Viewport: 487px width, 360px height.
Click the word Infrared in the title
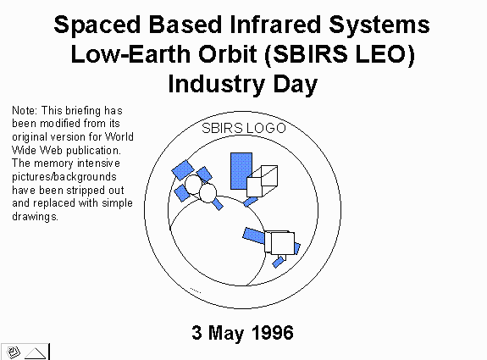[x=275, y=25]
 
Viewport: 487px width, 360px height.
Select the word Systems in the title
[x=379, y=25]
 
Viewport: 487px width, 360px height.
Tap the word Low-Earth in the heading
[x=130, y=54]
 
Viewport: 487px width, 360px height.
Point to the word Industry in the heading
[x=217, y=85]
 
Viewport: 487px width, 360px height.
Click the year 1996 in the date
[x=273, y=333]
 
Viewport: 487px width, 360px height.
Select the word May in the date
[x=226, y=334]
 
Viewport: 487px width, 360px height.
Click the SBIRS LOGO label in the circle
[x=244, y=128]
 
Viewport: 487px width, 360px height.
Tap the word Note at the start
[x=25, y=111]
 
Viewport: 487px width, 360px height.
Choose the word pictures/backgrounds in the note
[x=64, y=177]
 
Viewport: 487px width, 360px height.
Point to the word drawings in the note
[x=35, y=216]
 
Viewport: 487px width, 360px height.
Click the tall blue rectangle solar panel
[x=241, y=171]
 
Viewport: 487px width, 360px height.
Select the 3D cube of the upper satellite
[x=263, y=181]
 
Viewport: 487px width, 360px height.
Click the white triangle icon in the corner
[x=35, y=353]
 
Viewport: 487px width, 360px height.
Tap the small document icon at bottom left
[x=13, y=352]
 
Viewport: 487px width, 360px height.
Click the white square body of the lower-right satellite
[x=282, y=243]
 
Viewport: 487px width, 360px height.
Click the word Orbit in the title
[x=227, y=54]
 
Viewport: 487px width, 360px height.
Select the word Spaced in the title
[x=97, y=25]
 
